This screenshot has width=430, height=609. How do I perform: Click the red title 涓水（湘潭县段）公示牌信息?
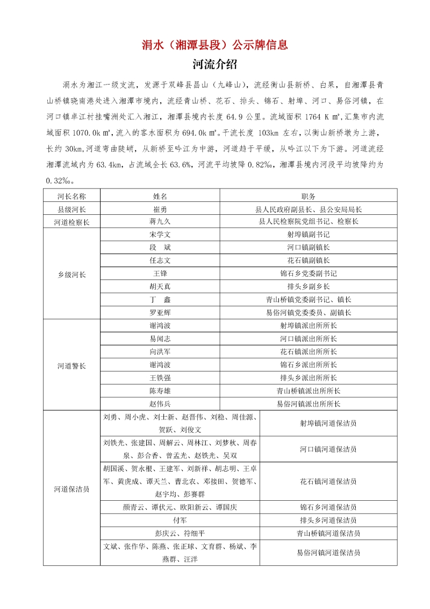(x=215, y=45)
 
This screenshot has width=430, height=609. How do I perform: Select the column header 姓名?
(x=160, y=196)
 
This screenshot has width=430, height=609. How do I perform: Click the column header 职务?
(x=309, y=196)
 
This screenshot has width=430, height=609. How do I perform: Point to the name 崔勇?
(x=160, y=209)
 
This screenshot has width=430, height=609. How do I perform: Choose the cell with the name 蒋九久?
(x=160, y=222)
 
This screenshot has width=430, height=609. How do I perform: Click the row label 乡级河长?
(x=71, y=274)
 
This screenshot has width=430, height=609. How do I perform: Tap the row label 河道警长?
(x=71, y=365)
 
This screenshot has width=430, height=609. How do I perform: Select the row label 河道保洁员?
(x=71, y=489)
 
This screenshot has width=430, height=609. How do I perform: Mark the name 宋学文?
(x=160, y=235)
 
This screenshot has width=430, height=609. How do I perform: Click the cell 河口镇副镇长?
(x=309, y=248)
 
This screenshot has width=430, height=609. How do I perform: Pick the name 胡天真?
(x=160, y=286)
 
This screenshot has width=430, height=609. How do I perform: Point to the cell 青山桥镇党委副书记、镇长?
(x=309, y=299)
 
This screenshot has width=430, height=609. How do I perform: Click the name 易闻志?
(x=160, y=339)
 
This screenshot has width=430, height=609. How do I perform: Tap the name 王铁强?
(x=160, y=377)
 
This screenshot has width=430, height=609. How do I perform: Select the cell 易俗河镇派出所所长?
(x=309, y=403)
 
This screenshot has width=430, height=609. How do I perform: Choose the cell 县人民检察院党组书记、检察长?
(x=309, y=222)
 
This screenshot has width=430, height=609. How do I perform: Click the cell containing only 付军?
(x=180, y=521)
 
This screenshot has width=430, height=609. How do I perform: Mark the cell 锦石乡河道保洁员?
(x=328, y=507)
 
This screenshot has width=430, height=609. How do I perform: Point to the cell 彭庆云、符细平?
(x=180, y=534)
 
